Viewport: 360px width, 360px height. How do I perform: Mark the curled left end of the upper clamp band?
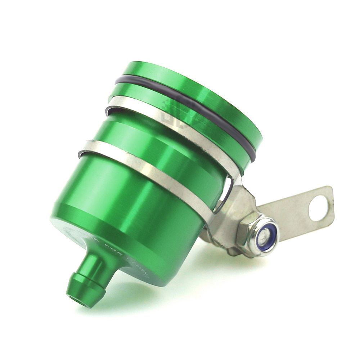coord(108,110)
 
